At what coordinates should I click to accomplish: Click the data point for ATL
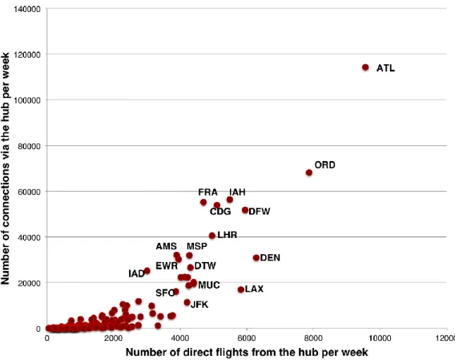coord(365,67)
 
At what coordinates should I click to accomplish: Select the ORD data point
coord(309,172)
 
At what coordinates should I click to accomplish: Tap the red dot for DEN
coord(256,257)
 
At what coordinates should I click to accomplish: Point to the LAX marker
coord(241,289)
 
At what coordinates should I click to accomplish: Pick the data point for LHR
coord(212,236)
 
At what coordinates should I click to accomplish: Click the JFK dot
coord(187,302)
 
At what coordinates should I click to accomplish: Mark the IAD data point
coord(147,271)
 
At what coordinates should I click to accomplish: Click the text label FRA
coord(207,192)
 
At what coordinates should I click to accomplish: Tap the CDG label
coord(220,211)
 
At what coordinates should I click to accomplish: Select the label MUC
coord(209,285)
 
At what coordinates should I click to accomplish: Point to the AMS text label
coord(167,246)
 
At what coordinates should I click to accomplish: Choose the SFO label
coord(165,293)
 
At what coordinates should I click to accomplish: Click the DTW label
coord(205,265)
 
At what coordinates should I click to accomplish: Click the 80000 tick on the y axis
coord(29,146)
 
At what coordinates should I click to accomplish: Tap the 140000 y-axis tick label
coord(27,10)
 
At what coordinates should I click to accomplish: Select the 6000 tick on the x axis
coord(247,338)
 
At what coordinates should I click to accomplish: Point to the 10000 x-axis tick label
coord(380,338)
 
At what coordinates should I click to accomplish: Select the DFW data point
coord(245,210)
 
